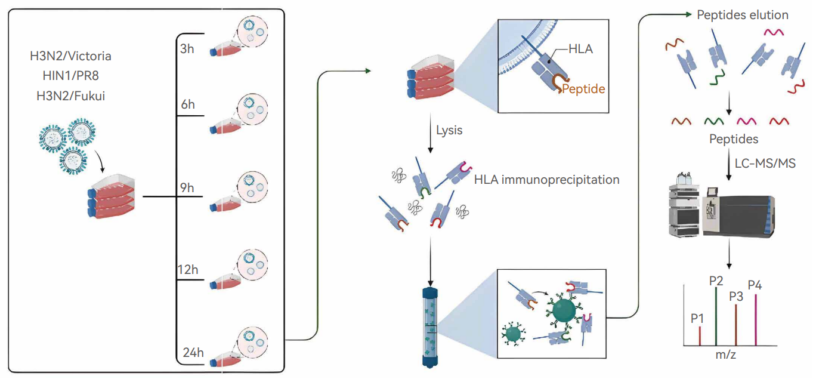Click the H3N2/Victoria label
click(x=71, y=57)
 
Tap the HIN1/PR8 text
click(x=71, y=76)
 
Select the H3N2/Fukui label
click(x=71, y=95)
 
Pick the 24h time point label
click(x=193, y=352)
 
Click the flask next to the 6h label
click(x=223, y=127)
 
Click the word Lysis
click(x=449, y=130)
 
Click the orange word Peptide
click(x=583, y=89)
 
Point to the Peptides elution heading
click(x=743, y=14)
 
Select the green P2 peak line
click(x=716, y=316)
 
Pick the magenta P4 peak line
click(x=756, y=319)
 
